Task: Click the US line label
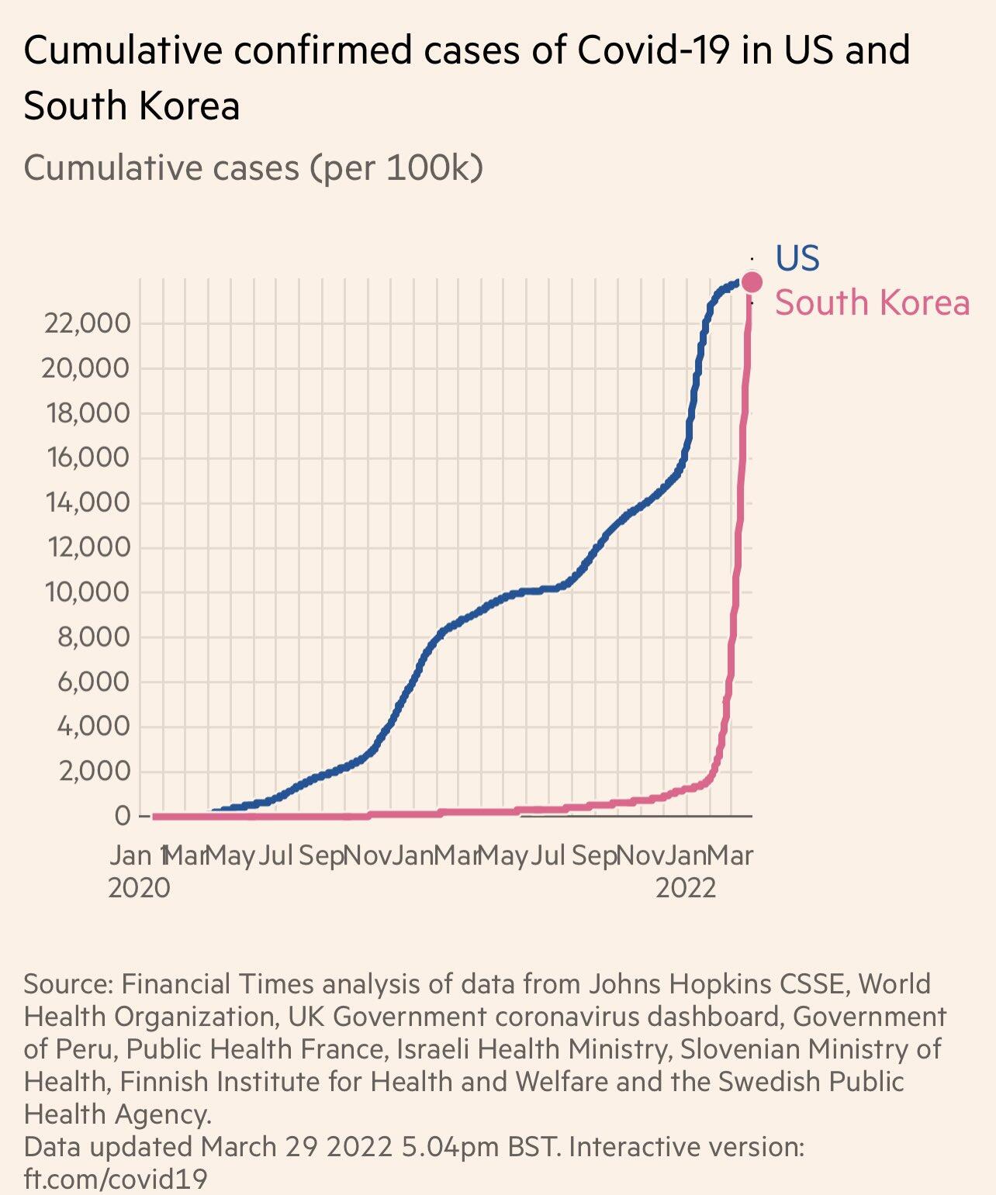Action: [x=797, y=258]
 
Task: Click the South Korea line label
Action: [x=872, y=302]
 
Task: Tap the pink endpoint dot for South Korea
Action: [x=752, y=281]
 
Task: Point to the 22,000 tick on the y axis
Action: [x=87, y=323]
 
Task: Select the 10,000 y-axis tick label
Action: [x=87, y=592]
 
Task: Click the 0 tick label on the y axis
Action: [x=122, y=816]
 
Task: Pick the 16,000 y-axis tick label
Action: [x=87, y=458]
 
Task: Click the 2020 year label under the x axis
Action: [x=139, y=887]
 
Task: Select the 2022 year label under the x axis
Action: [x=686, y=887]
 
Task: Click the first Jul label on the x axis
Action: [x=275, y=855]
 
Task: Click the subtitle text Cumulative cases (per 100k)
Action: [x=254, y=168]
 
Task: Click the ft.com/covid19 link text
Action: [x=116, y=1179]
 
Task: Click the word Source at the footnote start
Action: [x=68, y=984]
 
